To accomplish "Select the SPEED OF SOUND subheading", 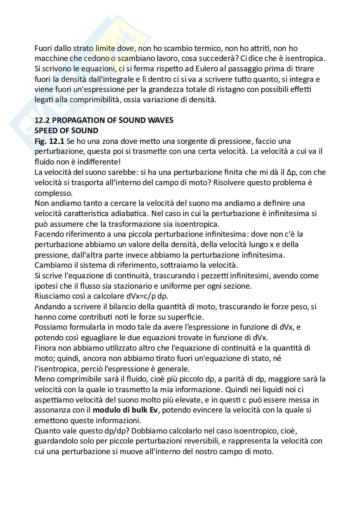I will click(66, 131).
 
